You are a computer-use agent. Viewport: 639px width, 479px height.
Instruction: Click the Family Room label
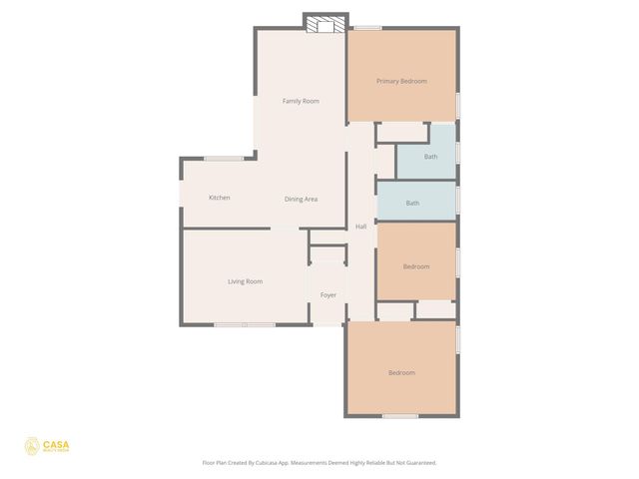[x=301, y=101]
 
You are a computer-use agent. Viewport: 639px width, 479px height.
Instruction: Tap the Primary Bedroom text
[x=401, y=81]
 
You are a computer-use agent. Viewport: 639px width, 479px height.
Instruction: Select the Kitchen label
[x=220, y=198]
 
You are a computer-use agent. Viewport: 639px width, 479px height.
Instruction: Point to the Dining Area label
[x=301, y=200]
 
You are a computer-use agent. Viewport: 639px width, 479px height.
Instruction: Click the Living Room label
[x=245, y=281]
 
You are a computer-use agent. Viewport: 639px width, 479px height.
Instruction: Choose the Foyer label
[x=327, y=295]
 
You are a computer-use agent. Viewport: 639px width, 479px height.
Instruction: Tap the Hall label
[x=360, y=227]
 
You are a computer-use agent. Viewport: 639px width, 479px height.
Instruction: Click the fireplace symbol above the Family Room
[x=325, y=24]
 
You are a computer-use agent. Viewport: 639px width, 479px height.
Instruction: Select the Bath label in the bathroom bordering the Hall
[x=412, y=204]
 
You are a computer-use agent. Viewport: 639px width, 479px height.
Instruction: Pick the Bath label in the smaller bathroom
[x=430, y=157]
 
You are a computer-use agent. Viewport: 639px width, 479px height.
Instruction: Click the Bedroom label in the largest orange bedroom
[x=401, y=372]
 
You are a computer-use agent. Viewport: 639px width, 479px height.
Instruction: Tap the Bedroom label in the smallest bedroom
[x=416, y=266]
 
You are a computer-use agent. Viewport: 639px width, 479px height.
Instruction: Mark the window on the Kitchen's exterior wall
[x=224, y=158]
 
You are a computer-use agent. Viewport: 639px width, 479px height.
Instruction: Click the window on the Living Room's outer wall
[x=245, y=324]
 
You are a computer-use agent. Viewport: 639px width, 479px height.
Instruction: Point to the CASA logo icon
[x=32, y=446]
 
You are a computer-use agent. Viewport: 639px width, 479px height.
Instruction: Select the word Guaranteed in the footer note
[x=417, y=463]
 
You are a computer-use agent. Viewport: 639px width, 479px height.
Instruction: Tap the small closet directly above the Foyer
[x=326, y=253]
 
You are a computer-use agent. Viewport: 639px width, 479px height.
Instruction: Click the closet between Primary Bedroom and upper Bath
[x=401, y=132]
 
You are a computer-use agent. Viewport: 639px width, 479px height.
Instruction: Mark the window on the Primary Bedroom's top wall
[x=367, y=28]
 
